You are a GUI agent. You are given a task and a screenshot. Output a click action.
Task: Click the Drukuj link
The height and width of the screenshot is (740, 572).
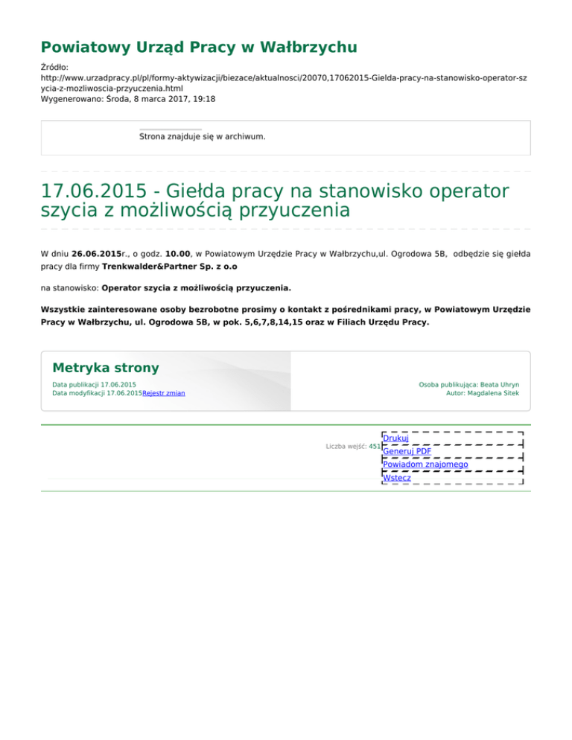(x=395, y=438)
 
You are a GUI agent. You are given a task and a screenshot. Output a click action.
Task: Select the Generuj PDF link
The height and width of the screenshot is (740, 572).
(x=407, y=451)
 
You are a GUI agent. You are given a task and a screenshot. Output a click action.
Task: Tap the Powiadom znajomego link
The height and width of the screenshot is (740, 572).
(x=425, y=464)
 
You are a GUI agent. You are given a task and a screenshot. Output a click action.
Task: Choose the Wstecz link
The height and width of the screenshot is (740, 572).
(x=396, y=477)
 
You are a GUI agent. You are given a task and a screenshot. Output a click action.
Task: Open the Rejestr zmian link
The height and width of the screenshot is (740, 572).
(x=164, y=393)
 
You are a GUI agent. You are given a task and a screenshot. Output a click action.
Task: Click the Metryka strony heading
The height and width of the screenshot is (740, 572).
(x=106, y=368)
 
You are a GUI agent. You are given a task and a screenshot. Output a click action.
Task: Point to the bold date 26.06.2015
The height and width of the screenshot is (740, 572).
(x=97, y=254)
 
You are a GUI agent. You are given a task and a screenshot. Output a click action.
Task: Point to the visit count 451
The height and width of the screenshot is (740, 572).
(x=375, y=447)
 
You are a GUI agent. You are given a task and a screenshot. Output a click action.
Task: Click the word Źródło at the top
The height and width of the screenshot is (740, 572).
(x=54, y=67)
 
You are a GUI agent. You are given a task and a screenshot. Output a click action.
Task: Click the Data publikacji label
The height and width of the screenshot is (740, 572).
(x=75, y=384)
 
